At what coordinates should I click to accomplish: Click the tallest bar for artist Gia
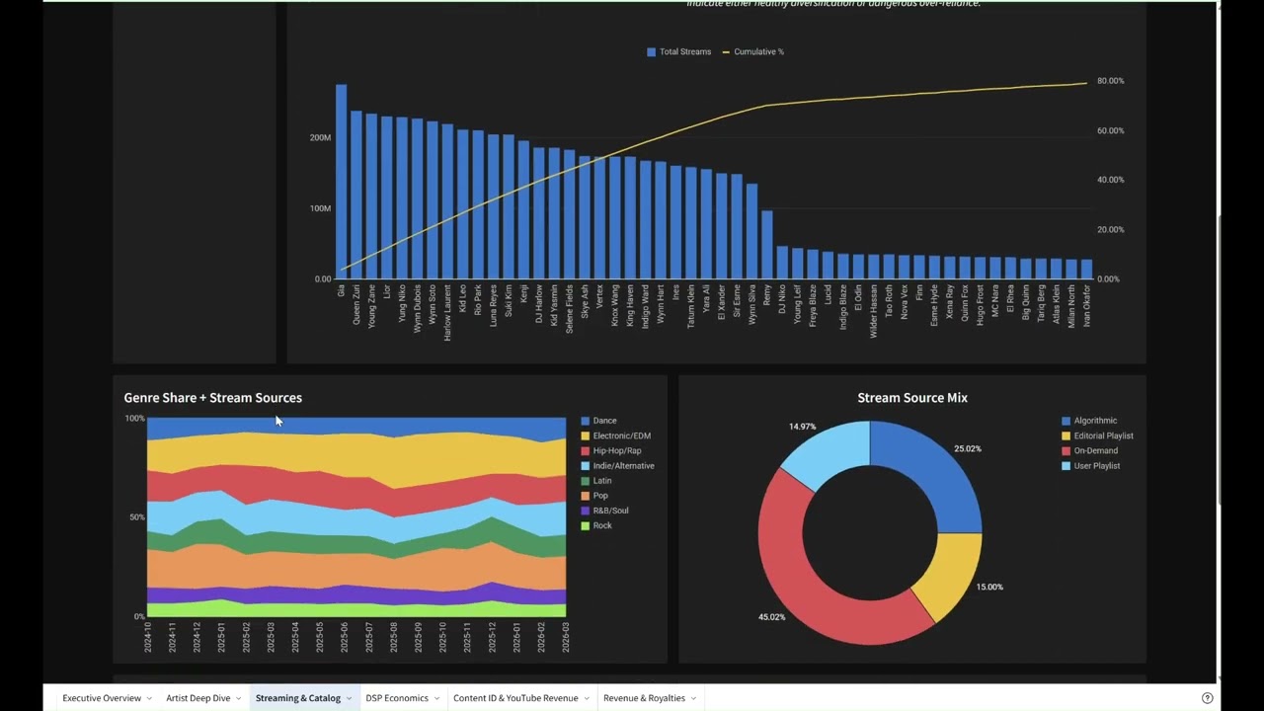[x=341, y=182]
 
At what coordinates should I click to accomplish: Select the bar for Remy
[x=767, y=245]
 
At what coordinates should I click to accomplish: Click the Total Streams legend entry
[x=678, y=51]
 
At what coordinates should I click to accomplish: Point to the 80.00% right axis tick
[x=1110, y=81]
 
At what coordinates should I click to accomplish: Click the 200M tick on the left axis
[x=320, y=137]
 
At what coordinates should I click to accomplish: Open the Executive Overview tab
[x=102, y=698]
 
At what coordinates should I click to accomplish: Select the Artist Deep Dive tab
[x=197, y=698]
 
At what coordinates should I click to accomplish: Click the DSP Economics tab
[x=396, y=698]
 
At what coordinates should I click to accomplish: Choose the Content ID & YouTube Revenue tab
[x=515, y=698]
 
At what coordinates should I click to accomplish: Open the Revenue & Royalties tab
[x=644, y=698]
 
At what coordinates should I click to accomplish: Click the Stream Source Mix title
[x=911, y=398]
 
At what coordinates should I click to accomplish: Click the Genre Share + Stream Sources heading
[x=212, y=398]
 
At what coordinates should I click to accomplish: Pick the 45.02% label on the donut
[x=771, y=617]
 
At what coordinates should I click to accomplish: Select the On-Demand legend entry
[x=1095, y=450]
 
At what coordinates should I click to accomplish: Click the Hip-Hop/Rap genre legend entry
[x=616, y=450]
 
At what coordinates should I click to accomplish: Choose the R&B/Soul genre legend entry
[x=610, y=511]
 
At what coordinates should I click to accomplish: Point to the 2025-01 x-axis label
[x=222, y=638]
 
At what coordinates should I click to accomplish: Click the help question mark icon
[x=1207, y=698]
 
